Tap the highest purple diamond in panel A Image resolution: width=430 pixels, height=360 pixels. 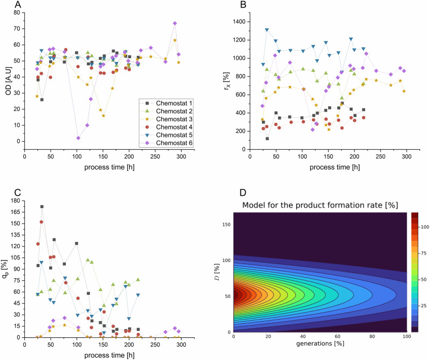175,23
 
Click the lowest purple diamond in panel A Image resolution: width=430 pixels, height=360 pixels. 79,138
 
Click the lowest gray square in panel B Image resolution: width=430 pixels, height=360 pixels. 267,139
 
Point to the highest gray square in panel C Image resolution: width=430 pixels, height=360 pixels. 42,206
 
